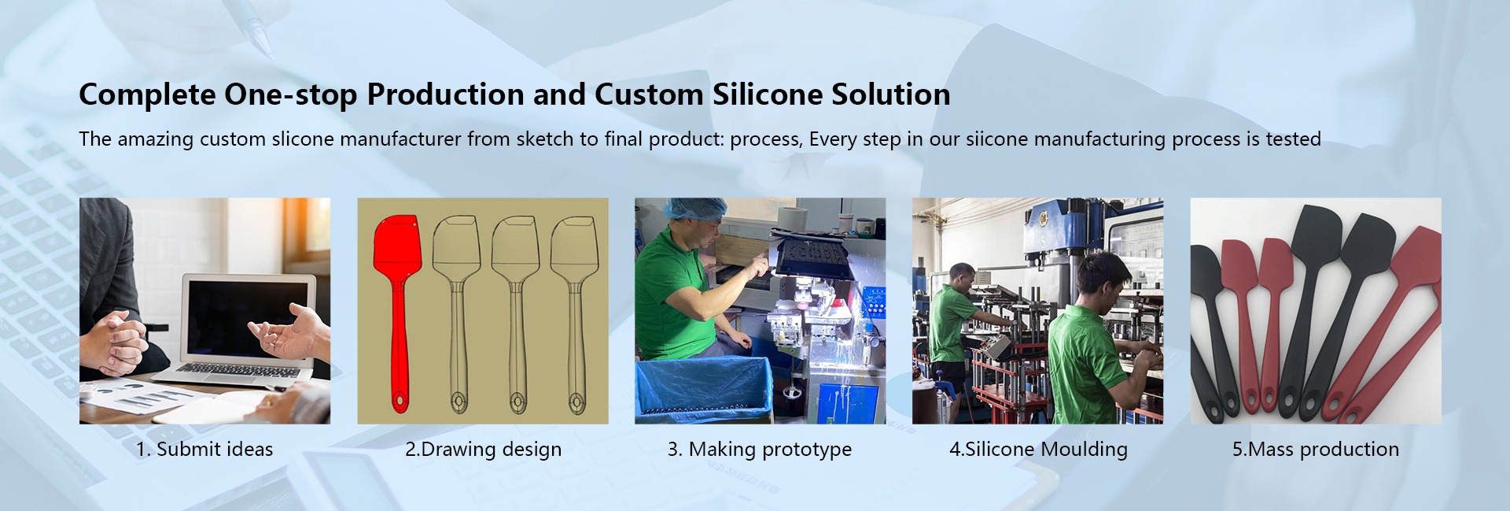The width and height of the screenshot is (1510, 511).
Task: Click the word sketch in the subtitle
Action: click(545, 139)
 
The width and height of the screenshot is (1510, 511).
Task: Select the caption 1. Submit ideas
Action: click(204, 449)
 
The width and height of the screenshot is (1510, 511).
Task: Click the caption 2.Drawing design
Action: click(483, 450)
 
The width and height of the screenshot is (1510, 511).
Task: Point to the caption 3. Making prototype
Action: click(760, 450)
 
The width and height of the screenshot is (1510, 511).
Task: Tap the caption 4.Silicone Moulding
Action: click(1038, 450)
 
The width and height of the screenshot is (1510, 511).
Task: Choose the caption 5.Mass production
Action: click(1316, 450)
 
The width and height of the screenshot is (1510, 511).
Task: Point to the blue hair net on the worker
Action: click(681, 209)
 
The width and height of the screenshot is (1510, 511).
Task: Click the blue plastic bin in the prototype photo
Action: click(702, 390)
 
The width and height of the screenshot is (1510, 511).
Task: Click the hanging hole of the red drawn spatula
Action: click(398, 400)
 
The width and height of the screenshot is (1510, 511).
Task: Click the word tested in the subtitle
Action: click(1294, 139)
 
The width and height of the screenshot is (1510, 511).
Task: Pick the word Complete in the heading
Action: click(147, 95)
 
